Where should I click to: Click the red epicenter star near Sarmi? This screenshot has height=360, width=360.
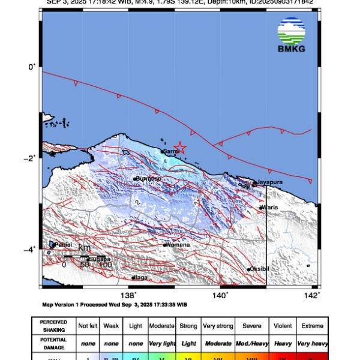tap(179, 147)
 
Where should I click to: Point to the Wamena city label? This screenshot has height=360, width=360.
tap(179, 245)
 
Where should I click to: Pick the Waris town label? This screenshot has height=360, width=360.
tap(269, 208)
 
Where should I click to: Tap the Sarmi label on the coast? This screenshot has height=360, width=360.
tap(172, 152)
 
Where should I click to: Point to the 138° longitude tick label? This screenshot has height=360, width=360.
tap(128, 295)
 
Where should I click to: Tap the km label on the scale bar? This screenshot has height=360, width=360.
tap(84, 248)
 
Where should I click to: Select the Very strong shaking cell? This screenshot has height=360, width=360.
tap(217, 325)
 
